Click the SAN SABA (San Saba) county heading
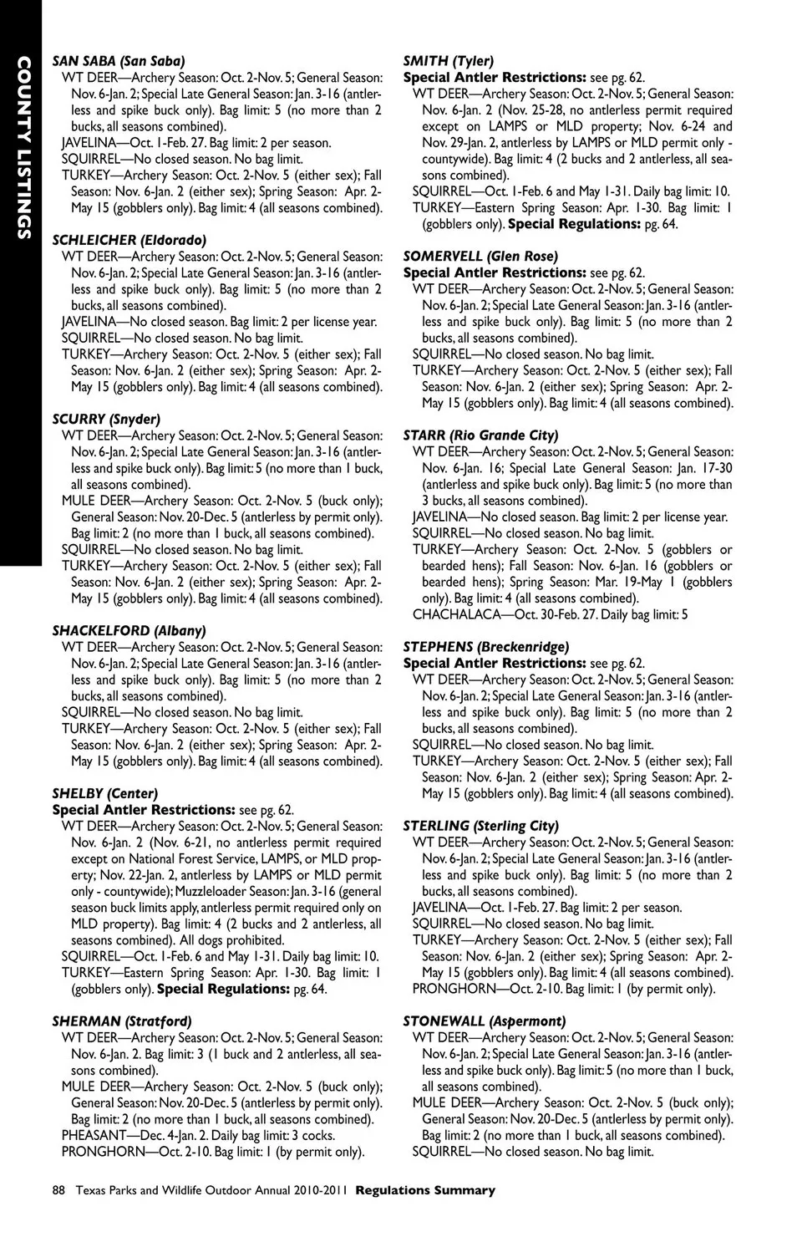(119, 61)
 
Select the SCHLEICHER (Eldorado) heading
(129, 240)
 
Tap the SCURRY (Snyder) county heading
(106, 419)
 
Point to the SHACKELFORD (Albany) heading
(129, 631)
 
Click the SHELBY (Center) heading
(104, 793)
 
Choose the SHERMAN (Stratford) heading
(122, 1021)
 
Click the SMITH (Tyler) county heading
(448, 61)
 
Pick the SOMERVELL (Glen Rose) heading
(480, 257)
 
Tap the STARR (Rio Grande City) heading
(480, 435)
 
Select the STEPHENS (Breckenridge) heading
(485, 647)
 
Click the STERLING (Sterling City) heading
(480, 826)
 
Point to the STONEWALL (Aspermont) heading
(484, 1021)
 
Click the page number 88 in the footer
(58, 1190)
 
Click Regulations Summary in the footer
(425, 1190)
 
